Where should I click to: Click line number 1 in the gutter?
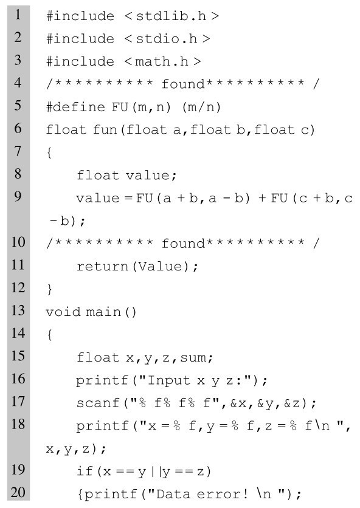pos(18,15)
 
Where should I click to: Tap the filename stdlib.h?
pos(171,16)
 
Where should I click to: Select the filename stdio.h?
pos(166,38)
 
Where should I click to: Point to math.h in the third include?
pos(162,61)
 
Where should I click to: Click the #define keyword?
pos(75,106)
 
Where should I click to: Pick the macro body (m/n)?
pos(201,107)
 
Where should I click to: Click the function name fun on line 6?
pos(105,129)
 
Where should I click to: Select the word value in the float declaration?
pos(147,175)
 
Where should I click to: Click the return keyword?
pos(102,266)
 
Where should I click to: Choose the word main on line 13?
pos(103,312)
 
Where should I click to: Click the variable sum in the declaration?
pos(193,357)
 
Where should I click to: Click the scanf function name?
pos(98,403)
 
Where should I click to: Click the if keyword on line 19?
pos(85,471)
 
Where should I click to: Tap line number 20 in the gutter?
pos(18,492)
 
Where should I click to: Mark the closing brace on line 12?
pos(50,289)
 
